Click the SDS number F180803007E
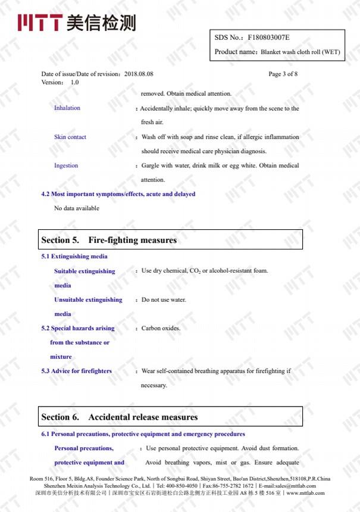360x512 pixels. tap(268, 38)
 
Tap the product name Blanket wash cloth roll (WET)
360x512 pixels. tap(300, 52)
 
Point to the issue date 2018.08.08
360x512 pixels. tap(139, 74)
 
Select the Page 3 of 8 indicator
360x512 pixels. tap(283, 74)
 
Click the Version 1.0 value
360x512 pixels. tap(74, 82)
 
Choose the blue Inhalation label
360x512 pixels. tap(67, 108)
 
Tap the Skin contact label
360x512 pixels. tap(70, 137)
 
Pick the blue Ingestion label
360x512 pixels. tap(66, 166)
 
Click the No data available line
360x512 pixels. tap(77, 208)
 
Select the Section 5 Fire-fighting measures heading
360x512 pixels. tap(109, 240)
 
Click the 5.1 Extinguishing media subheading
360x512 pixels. tap(74, 257)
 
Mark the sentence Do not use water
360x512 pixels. tap(164, 299)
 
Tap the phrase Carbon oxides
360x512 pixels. tap(161, 328)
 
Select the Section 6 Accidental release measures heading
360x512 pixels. tap(119, 417)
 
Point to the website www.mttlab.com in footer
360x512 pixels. tap(305, 493)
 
